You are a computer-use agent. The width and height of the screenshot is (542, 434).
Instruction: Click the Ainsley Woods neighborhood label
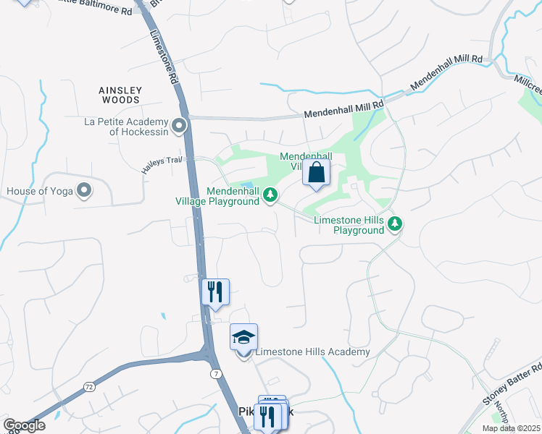(120, 95)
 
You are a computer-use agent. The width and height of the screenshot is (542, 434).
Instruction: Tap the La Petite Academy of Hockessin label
(127, 127)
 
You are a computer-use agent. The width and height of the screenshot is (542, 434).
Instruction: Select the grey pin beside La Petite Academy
(180, 127)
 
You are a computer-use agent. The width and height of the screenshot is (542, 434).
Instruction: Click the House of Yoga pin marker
(84, 191)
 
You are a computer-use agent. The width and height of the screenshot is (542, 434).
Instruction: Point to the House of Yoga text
(41, 192)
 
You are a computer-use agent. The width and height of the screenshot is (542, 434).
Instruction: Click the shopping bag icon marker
(316, 174)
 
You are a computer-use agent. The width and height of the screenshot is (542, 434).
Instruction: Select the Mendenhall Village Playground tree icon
(270, 194)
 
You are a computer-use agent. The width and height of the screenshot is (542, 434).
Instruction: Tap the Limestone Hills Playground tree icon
(395, 224)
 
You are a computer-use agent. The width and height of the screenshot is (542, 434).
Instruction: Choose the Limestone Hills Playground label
(349, 225)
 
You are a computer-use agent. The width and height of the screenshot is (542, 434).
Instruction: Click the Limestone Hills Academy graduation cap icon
(243, 338)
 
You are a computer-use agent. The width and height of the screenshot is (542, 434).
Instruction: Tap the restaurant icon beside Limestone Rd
(214, 292)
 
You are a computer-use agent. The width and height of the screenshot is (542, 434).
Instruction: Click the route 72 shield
(88, 387)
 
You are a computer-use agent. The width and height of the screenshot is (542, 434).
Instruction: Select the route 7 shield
(217, 372)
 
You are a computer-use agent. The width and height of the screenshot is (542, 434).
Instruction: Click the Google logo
(24, 425)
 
